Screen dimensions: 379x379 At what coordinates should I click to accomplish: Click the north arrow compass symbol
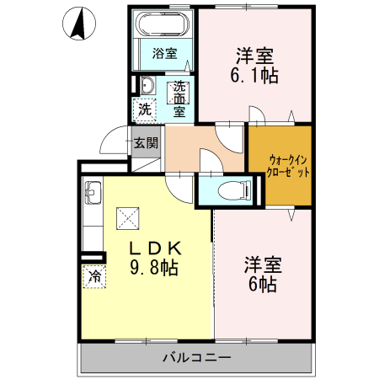79,23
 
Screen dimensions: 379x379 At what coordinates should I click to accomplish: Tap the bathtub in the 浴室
163,24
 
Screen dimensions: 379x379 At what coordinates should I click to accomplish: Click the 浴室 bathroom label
165,53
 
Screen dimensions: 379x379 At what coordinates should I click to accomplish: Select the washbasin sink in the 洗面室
147,85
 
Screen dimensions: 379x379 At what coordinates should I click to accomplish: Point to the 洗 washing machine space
145,109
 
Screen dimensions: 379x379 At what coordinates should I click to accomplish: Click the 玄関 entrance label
146,143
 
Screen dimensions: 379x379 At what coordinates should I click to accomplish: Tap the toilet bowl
234,190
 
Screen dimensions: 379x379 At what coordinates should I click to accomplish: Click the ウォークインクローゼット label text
288,166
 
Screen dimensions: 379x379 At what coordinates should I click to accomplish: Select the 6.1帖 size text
254,76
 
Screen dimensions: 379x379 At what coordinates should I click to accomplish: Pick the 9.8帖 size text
154,267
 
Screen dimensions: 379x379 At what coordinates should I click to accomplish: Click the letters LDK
155,248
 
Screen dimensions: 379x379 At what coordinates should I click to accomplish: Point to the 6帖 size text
263,284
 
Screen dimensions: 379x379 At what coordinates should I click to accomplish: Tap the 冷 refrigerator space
94,276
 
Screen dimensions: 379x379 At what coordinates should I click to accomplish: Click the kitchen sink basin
93,193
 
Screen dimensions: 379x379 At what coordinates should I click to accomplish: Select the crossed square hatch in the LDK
128,218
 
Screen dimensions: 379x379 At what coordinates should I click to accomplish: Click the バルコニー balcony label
197,358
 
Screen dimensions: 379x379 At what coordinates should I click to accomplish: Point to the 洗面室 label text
179,99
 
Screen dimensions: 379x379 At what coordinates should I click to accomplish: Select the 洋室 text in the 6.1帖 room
254,56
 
